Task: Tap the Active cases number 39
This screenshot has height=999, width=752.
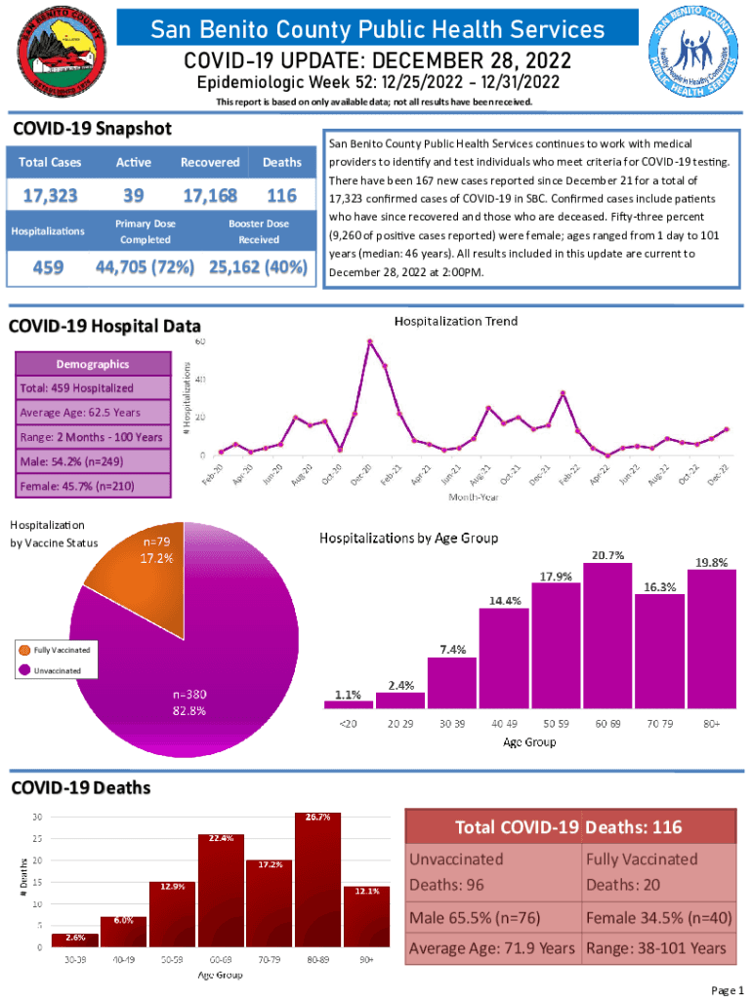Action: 135,195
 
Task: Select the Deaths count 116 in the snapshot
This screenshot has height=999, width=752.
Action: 281,195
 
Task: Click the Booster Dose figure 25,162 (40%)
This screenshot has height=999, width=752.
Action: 257,267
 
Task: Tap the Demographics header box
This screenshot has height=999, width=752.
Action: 93,364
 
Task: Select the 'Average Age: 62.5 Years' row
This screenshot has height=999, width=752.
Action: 93,412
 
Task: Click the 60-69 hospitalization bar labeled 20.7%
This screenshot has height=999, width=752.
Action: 607,634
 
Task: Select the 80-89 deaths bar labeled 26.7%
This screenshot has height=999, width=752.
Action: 318,879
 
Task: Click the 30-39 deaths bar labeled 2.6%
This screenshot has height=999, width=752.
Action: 74,939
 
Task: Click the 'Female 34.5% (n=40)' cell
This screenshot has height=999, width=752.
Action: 658,917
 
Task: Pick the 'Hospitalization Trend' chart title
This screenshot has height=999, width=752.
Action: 455,321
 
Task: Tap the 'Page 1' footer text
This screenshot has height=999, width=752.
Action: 728,990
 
